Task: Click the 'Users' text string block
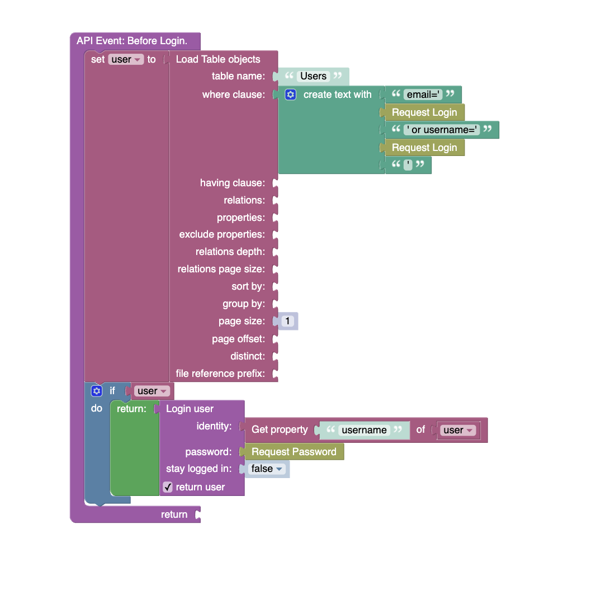[313, 76]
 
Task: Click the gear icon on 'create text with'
[290, 94]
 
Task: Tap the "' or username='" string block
[442, 130]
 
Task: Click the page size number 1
[287, 321]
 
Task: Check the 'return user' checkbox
[168, 487]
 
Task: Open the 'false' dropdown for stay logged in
[267, 469]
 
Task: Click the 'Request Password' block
[294, 452]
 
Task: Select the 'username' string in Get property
[364, 430]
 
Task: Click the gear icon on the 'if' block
[97, 391]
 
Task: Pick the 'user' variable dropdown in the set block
[126, 59]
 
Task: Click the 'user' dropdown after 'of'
[458, 430]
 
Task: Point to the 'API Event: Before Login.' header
[132, 41]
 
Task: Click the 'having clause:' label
[233, 183]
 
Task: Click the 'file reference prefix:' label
[220, 374]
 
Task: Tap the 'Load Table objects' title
[218, 59]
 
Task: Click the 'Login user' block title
[190, 409]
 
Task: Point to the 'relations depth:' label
[230, 252]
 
